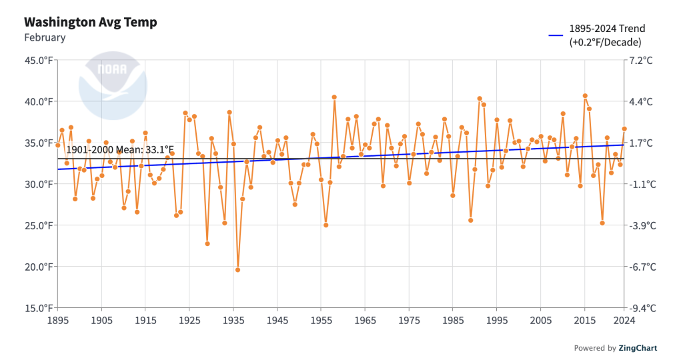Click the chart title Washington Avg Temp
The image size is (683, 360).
click(91, 22)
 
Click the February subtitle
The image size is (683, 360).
click(45, 37)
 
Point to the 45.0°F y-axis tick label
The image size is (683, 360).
click(39, 61)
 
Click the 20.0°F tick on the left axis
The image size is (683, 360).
click(39, 267)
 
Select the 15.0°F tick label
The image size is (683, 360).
click(39, 308)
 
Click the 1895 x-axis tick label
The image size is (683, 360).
click(57, 320)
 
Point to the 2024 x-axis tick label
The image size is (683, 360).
click(624, 320)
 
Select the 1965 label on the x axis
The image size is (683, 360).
click(365, 320)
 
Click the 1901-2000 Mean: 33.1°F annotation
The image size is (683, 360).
click(120, 149)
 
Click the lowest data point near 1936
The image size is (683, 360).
click(237, 270)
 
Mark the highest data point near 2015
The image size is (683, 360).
click(585, 95)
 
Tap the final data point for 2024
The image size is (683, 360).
click(624, 129)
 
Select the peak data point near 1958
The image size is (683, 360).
click(334, 97)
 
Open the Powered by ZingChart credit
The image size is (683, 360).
click(616, 348)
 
